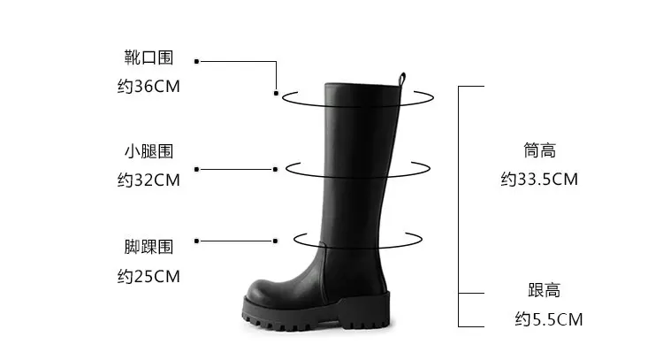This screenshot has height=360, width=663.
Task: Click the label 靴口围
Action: pos(149,58)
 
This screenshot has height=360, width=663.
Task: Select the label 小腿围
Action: pos(149,151)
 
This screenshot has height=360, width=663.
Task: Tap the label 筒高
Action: pos(539,151)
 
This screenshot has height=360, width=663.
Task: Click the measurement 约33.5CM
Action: pos(539,180)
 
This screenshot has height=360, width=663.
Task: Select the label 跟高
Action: pos(539,290)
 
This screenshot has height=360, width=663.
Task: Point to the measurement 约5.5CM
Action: pos(548,319)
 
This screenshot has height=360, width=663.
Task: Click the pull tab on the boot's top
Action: pos(402,79)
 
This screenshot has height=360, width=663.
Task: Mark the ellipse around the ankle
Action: pos(414,240)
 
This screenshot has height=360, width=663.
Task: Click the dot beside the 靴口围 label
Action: pos(196,61)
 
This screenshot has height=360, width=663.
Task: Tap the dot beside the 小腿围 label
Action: pos(196,168)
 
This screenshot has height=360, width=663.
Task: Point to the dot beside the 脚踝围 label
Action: pos(196,241)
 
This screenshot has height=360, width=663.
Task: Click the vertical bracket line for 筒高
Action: pos(458,190)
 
